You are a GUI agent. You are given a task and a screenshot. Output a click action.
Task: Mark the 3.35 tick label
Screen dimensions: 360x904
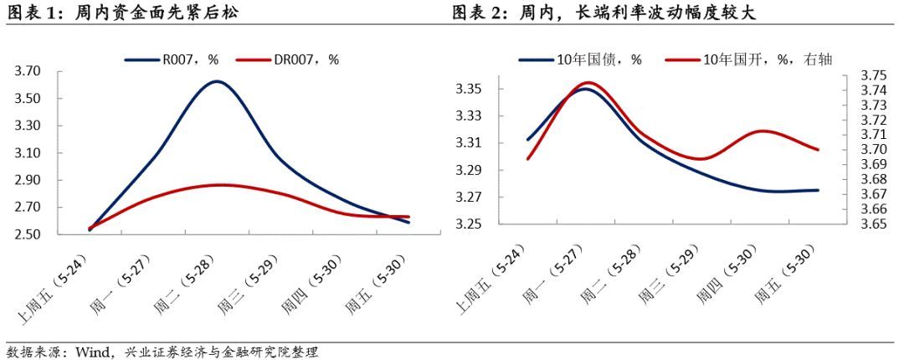[x=470, y=89]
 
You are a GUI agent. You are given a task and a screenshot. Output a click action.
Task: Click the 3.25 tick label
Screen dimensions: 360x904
[x=470, y=224]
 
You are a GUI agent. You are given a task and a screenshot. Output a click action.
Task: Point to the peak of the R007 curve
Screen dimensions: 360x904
[x=218, y=81]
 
